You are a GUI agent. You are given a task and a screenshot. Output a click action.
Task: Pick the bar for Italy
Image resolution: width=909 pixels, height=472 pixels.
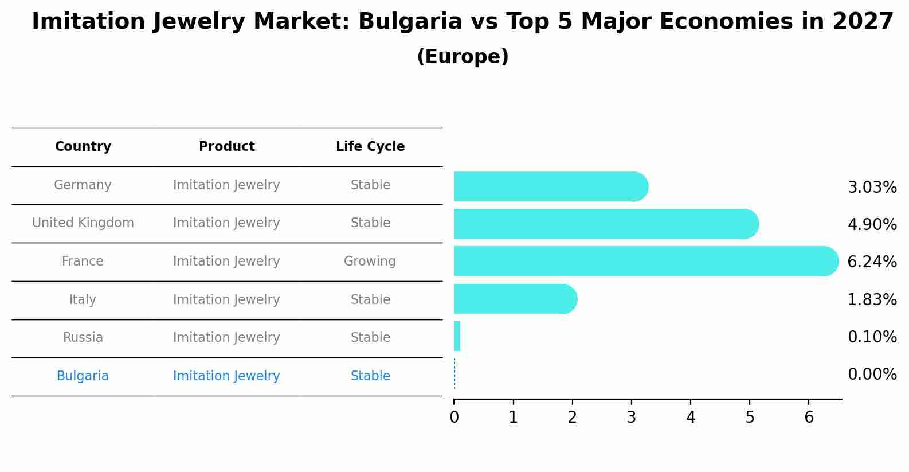513,299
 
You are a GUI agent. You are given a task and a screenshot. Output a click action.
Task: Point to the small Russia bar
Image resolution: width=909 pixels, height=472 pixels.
457,336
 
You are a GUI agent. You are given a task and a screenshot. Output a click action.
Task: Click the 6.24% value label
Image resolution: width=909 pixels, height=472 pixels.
872,262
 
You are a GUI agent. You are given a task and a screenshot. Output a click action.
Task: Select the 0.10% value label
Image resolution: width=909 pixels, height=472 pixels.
872,337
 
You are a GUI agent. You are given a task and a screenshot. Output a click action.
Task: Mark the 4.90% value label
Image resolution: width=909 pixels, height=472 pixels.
872,225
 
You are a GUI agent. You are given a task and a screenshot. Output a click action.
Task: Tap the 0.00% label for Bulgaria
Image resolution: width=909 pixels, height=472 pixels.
872,375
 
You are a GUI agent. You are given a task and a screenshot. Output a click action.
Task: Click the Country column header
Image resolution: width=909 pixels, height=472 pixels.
83,147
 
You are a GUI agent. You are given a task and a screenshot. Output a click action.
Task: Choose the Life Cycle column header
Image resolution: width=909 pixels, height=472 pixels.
370,147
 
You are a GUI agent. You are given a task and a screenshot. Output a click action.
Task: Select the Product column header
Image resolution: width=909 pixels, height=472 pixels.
227,147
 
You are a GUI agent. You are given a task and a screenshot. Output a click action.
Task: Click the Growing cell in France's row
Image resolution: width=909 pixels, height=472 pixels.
370,262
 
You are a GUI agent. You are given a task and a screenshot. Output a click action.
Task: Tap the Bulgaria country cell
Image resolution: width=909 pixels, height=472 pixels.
83,376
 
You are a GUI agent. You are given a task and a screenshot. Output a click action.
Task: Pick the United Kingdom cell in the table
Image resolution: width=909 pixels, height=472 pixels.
83,223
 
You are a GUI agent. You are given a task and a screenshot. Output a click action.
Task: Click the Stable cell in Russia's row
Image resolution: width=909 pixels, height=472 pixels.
370,338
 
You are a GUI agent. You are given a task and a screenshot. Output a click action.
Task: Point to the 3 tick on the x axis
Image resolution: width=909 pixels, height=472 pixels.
631,418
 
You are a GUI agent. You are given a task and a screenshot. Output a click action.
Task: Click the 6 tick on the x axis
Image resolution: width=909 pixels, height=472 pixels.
809,418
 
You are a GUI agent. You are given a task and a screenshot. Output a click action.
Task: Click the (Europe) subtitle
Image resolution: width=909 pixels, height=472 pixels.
463,57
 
